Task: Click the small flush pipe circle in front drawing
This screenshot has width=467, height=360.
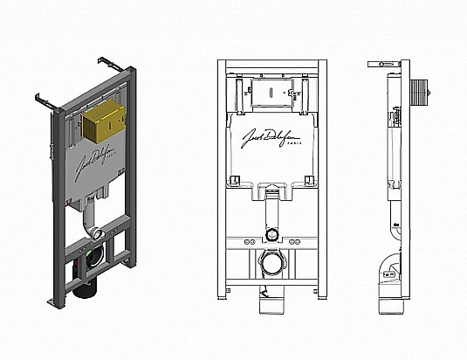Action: tap(272, 234)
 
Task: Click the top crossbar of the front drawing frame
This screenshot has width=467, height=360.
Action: tap(272, 66)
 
